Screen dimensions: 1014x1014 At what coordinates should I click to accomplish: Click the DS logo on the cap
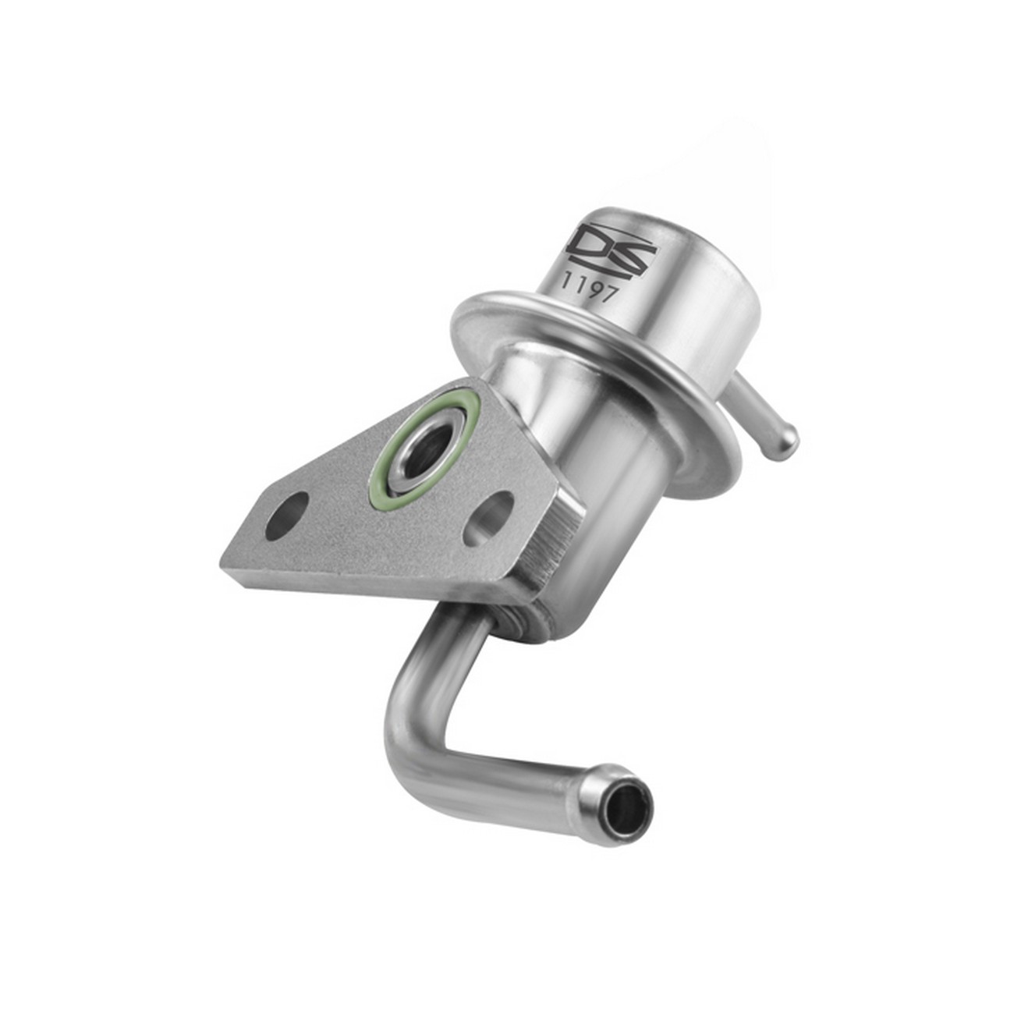pos(614,246)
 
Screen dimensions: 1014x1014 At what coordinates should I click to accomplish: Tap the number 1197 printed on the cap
pos(588,287)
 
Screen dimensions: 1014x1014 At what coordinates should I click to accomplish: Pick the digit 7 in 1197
pos(608,293)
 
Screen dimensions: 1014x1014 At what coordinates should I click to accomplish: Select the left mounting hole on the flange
pos(287,516)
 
